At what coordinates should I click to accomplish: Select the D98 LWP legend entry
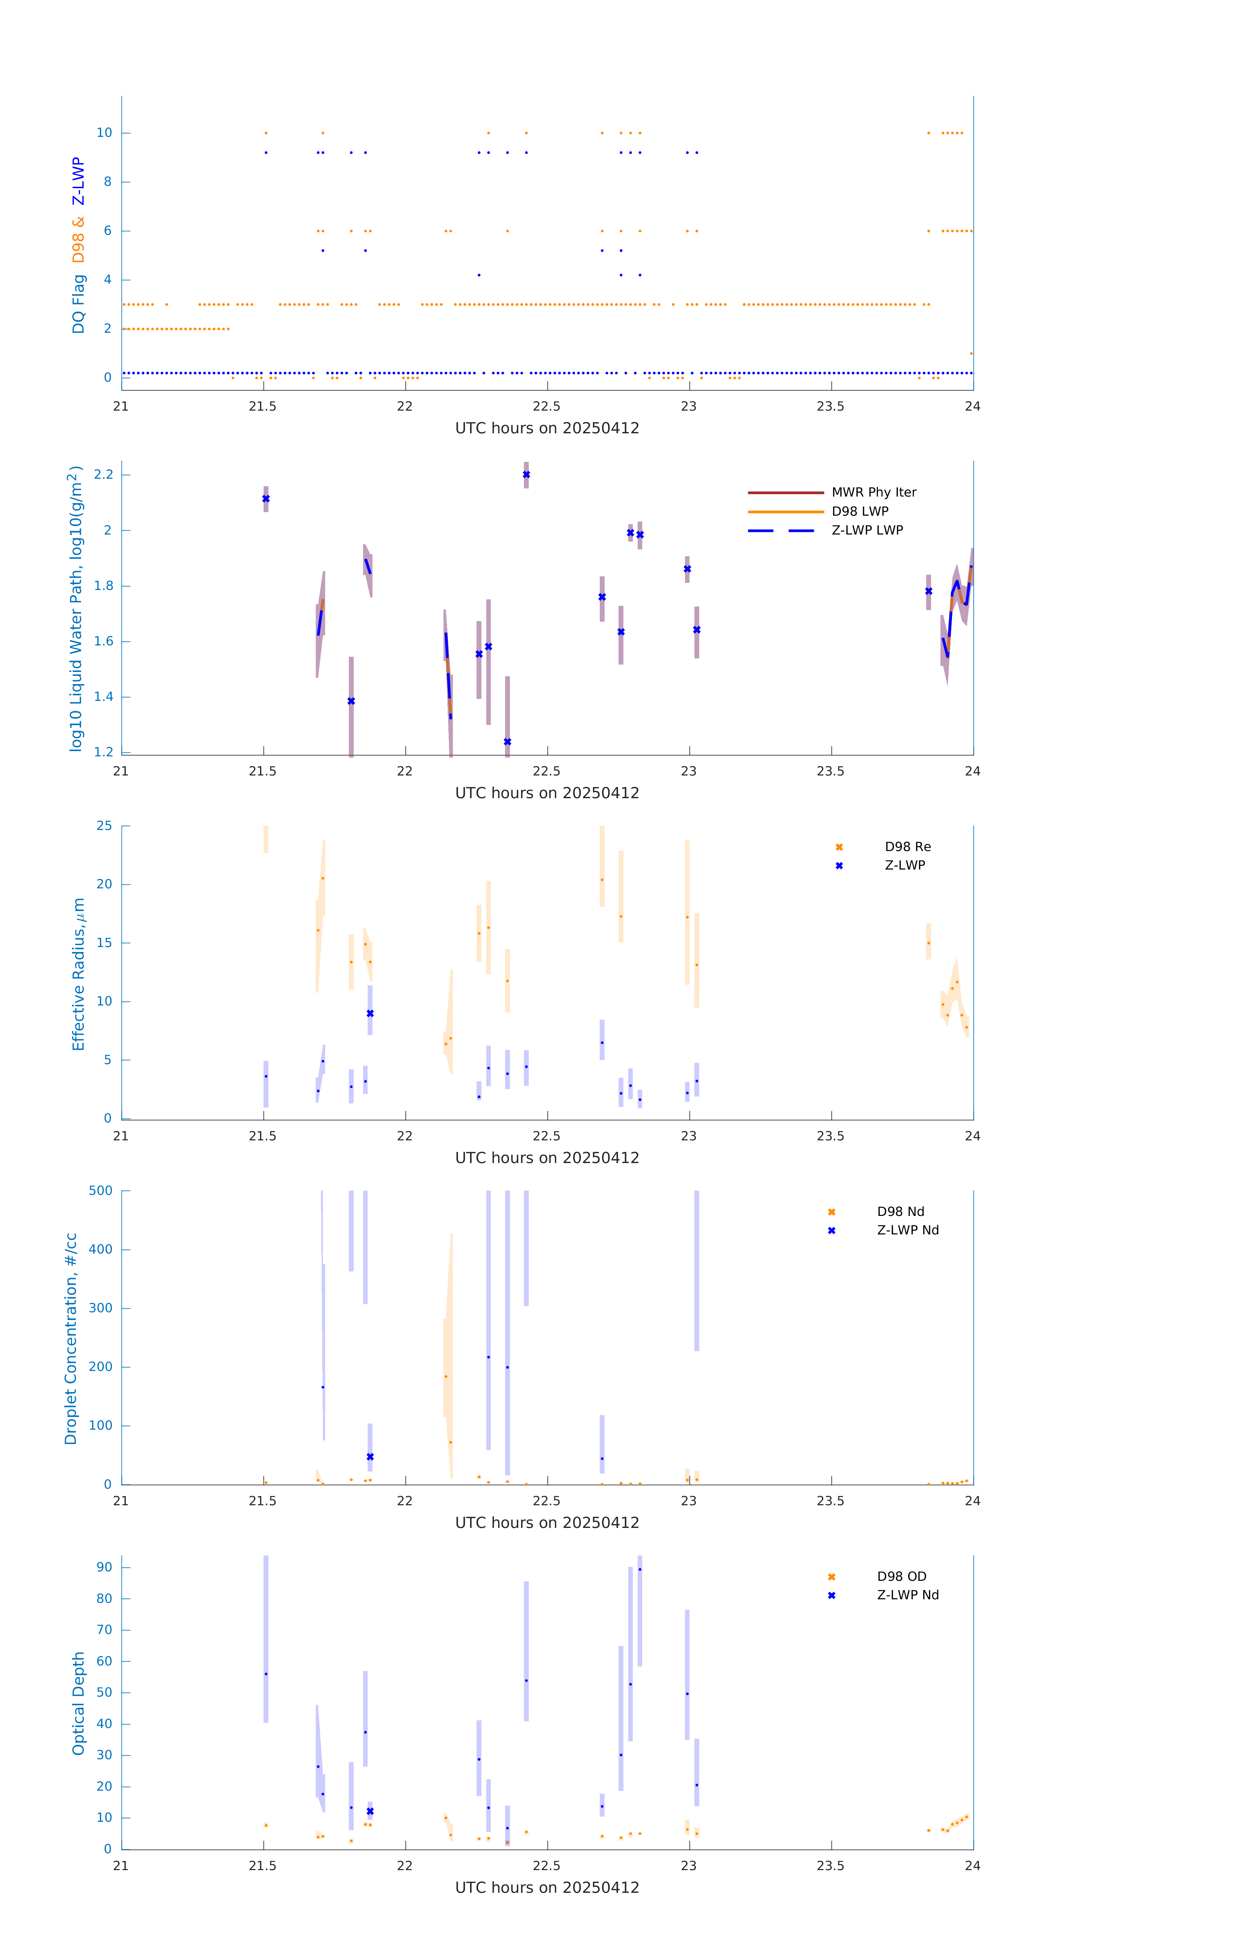click(x=859, y=511)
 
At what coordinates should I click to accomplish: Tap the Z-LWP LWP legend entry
click(x=867, y=530)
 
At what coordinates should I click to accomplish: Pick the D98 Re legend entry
click(x=907, y=847)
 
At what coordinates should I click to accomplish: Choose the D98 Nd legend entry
click(x=900, y=1211)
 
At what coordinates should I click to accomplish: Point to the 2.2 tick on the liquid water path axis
click(x=103, y=474)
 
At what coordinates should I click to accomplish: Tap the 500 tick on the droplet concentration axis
click(x=100, y=1190)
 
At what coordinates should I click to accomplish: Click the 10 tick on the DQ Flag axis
click(x=104, y=133)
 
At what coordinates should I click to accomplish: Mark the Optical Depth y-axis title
click(x=78, y=1703)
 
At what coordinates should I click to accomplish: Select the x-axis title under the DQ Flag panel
click(x=547, y=428)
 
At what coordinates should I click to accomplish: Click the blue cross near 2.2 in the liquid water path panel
click(x=526, y=474)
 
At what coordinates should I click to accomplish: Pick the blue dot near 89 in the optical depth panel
click(x=640, y=1569)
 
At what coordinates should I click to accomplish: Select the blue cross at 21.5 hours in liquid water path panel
click(x=266, y=499)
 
